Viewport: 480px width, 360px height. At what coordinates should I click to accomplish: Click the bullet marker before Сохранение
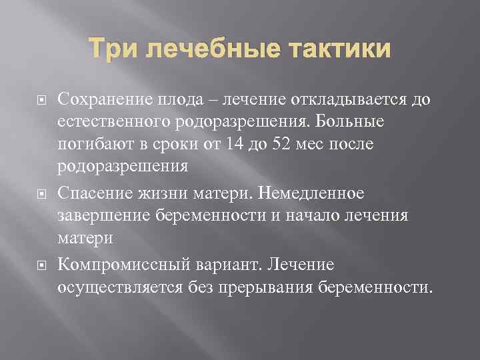point(40,101)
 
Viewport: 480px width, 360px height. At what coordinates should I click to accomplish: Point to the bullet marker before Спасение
point(40,194)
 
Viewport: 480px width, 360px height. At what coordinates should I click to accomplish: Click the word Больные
point(356,123)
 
